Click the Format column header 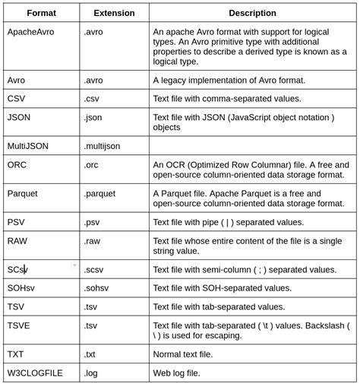click(42, 13)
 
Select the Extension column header click(114, 13)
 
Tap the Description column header click(253, 13)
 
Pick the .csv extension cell click(92, 99)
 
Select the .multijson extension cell click(102, 146)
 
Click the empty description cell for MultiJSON click(253, 146)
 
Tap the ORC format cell click(17, 164)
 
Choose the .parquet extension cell click(99, 193)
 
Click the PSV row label click(17, 222)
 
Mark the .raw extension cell click(92, 241)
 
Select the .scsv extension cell click(93, 269)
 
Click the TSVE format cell click(19, 325)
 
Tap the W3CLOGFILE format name click(36, 373)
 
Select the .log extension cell click(91, 373)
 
